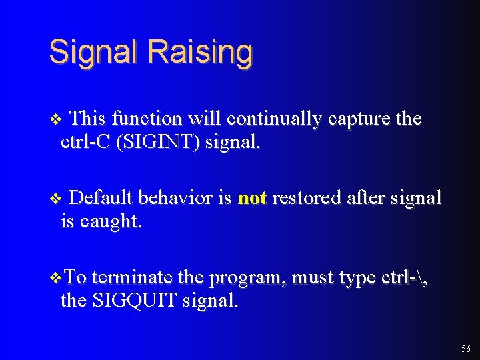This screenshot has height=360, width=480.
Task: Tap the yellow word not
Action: (252, 198)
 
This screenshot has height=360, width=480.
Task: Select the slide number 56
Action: (465, 349)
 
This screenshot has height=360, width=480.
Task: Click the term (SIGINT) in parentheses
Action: (157, 143)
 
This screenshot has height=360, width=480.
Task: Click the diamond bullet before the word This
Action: (55, 119)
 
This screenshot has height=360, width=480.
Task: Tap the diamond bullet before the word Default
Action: (55, 199)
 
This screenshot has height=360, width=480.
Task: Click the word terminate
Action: (132, 277)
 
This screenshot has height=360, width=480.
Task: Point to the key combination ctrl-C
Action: (85, 143)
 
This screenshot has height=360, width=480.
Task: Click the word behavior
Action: (176, 198)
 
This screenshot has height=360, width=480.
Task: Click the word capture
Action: (359, 119)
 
